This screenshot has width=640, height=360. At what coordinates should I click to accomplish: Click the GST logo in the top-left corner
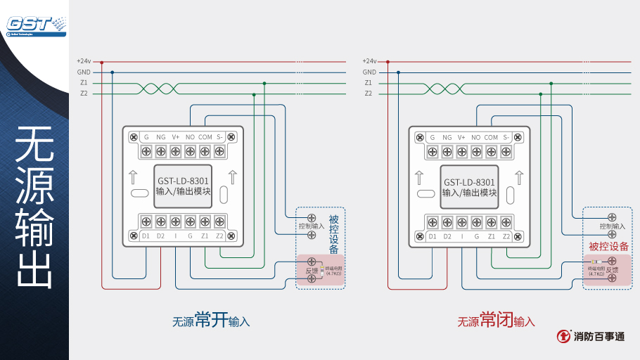pyautogui.click(x=35, y=25)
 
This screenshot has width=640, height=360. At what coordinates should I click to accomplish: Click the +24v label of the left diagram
pyautogui.click(x=84, y=61)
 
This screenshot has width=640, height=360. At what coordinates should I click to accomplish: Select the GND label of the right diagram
pyautogui.click(x=369, y=72)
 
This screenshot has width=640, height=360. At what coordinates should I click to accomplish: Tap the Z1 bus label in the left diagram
pyautogui.click(x=84, y=82)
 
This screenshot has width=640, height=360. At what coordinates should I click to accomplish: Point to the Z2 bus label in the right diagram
pyautogui.click(x=369, y=93)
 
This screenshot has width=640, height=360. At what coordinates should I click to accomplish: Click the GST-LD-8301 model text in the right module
pyautogui.click(x=469, y=181)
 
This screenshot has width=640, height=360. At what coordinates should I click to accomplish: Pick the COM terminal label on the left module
pyautogui.click(x=205, y=137)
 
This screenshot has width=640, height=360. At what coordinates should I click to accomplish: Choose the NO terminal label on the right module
pyautogui.click(x=476, y=137)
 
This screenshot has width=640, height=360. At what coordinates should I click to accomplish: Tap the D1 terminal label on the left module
pyautogui.click(x=146, y=236)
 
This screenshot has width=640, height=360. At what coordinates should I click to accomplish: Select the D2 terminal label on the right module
pyautogui.click(x=447, y=236)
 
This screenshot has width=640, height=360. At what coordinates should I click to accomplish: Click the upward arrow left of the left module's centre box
pyautogui.click(x=134, y=176)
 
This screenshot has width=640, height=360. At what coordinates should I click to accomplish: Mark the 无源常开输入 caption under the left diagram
pyautogui.click(x=211, y=321)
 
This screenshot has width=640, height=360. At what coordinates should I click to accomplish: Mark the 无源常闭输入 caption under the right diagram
pyautogui.click(x=497, y=321)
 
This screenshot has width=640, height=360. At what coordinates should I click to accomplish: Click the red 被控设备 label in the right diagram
pyautogui.click(x=608, y=246)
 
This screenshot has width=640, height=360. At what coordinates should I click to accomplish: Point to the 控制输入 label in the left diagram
pyautogui.click(x=311, y=226)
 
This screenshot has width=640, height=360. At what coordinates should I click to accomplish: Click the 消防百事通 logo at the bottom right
pyautogui.click(x=590, y=337)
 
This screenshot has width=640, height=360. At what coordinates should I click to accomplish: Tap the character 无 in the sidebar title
pyautogui.click(x=34, y=145)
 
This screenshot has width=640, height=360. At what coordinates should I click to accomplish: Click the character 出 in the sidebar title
pyautogui.click(x=34, y=269)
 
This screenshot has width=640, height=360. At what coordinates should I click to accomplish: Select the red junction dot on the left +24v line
pyautogui.click(x=101, y=62)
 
